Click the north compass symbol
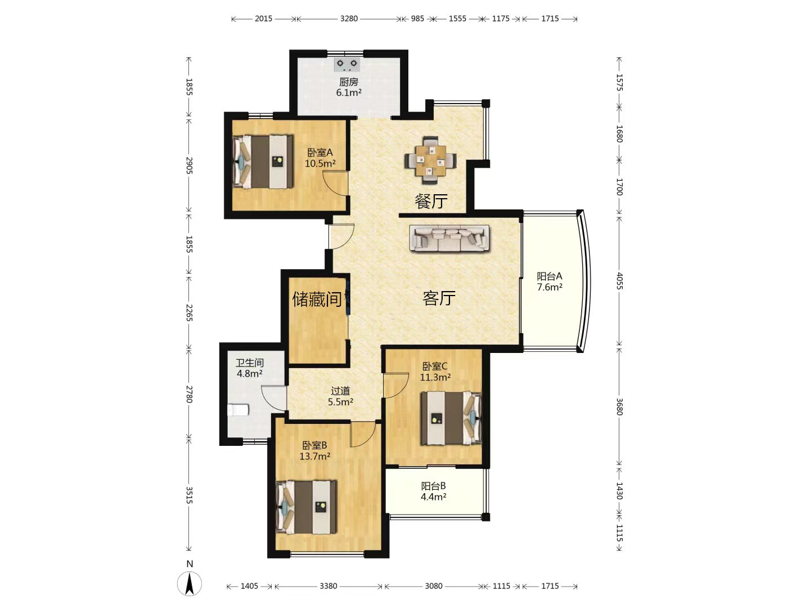click(190, 584)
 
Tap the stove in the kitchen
click(347, 65)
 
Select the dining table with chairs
click(430, 161)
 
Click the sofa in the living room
click(449, 238)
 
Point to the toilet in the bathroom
click(238, 410)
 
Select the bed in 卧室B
click(307, 507)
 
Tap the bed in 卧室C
click(451, 418)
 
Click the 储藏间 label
click(317, 299)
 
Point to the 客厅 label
click(439, 298)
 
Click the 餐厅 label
click(431, 201)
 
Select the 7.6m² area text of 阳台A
click(550, 287)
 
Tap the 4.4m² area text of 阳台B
click(434, 497)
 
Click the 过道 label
click(340, 391)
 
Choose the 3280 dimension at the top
click(349, 19)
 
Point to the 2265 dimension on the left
click(189, 312)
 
